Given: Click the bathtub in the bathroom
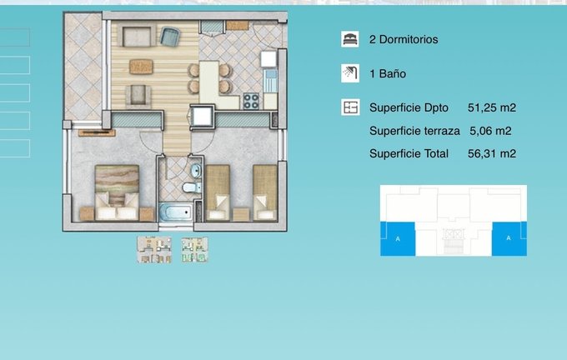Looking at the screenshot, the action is (176, 212).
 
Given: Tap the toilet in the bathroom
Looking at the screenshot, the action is (192, 187).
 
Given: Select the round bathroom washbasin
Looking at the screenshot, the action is (196, 171).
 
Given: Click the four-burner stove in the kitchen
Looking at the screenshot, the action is (251, 101).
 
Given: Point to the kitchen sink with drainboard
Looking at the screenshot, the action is (270, 81).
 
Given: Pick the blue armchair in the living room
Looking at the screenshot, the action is (169, 37).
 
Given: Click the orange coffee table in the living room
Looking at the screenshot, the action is (141, 67).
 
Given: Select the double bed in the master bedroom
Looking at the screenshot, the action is (117, 192).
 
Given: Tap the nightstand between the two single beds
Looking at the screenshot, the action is (241, 214).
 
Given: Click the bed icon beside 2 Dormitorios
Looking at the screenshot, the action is (349, 39).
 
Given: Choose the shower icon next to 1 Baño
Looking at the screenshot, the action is (350, 73).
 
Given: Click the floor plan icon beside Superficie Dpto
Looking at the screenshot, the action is (350, 107).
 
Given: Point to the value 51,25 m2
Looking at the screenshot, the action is (492, 107).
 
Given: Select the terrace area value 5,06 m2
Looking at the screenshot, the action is (490, 131).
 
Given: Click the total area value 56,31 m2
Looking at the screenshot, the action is (492, 153).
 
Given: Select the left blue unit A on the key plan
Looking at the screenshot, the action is (398, 239).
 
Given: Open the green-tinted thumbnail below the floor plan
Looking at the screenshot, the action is (194, 250).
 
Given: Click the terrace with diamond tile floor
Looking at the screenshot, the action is (83, 67).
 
